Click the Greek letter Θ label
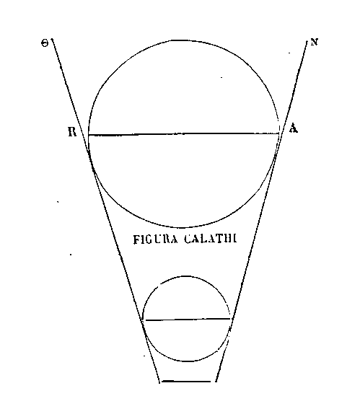pos(45,43)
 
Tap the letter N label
pos(314,43)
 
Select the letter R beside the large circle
pos(72,132)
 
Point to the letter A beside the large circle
pos(294,128)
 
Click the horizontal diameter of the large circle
pos(184,134)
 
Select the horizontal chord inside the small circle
pos(188,320)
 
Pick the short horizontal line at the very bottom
pos(186,381)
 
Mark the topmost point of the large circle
pos(183,40)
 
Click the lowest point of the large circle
pos(183,227)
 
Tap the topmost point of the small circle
pos(186,276)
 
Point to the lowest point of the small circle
pos(186,361)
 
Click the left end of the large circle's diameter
pos(89,135)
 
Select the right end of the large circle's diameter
pos(278,134)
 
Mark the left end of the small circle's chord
pos(146,320)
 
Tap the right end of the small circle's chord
pos(230,319)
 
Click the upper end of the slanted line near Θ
pos(52,39)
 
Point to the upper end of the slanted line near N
pos(308,40)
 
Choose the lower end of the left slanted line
pos(159,382)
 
